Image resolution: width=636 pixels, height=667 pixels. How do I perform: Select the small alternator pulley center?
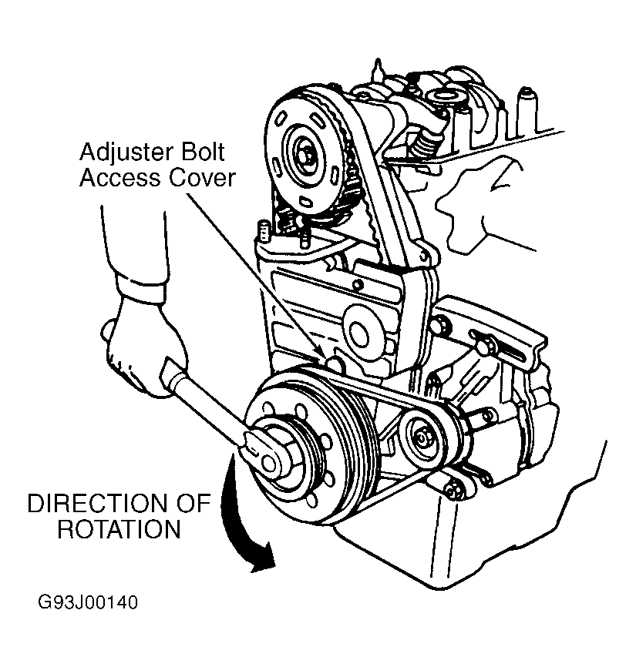coord(421,437)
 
